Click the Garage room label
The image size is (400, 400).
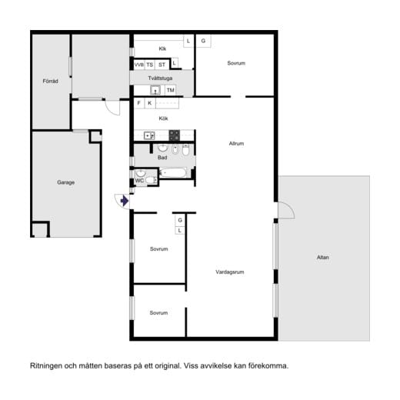point(65,182)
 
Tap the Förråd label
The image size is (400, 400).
point(50,81)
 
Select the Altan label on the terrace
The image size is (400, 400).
point(323,257)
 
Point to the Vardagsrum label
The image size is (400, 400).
point(230,272)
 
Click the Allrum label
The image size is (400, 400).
point(236,143)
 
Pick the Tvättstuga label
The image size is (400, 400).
point(160,78)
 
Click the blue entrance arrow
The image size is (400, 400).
point(125,201)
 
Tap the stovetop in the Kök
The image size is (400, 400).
point(175,135)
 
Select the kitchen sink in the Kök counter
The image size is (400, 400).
point(149,135)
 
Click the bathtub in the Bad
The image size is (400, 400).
point(172,172)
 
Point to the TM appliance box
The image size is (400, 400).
point(170,90)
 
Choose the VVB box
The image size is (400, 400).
point(139,65)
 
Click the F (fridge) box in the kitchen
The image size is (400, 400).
point(139,103)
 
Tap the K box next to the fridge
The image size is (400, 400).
point(150,103)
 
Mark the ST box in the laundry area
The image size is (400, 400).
point(162,65)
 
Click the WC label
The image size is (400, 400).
point(139,181)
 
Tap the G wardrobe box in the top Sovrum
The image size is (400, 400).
point(203,41)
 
